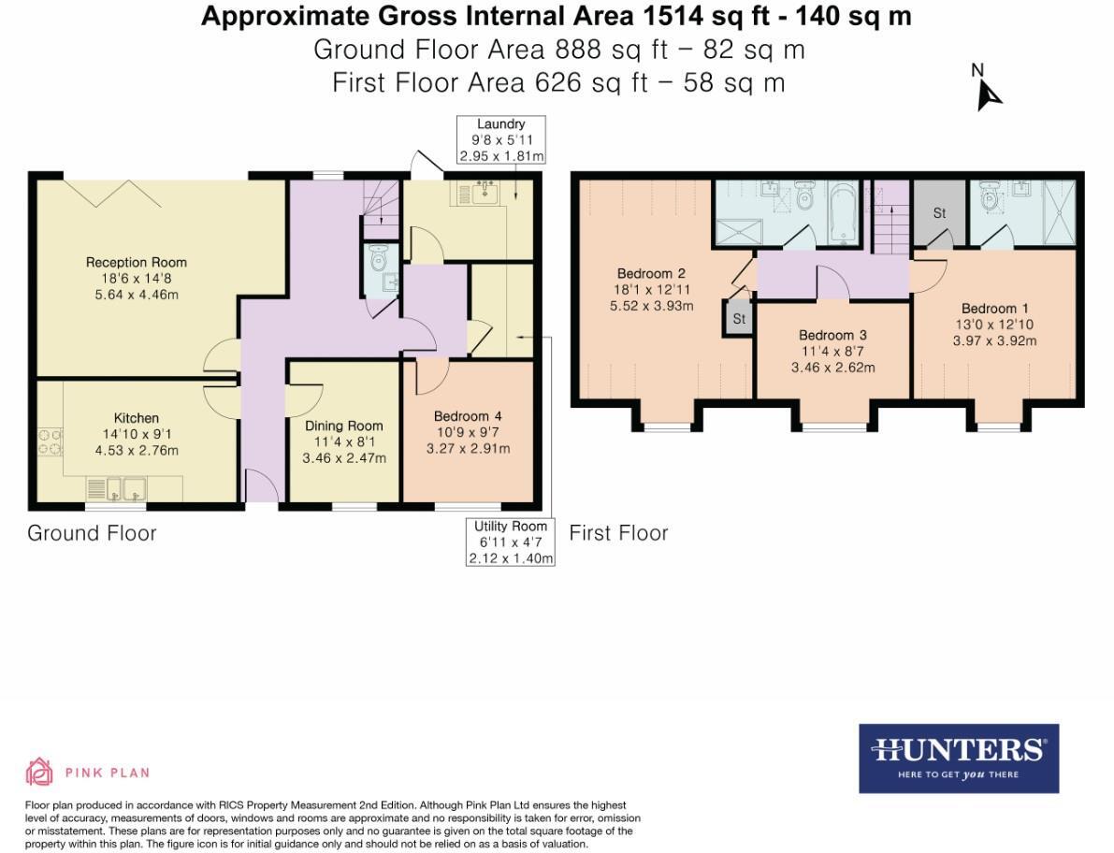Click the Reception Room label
[x=137, y=262]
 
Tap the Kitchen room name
[x=137, y=418]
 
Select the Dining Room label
[x=344, y=426]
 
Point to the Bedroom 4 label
[x=469, y=416]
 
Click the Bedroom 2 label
[x=651, y=273]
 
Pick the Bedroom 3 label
[x=832, y=335]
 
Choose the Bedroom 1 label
[x=994, y=309]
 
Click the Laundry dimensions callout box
[x=500, y=140]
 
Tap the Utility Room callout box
[x=510, y=542]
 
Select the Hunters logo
[x=959, y=759]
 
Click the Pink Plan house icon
[x=39, y=772]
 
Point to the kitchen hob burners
[x=50, y=441]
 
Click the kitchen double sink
[x=126, y=489]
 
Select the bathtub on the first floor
[x=843, y=214]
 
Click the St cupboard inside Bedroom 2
[x=739, y=318]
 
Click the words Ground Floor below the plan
[x=92, y=533]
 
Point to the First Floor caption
[x=619, y=533]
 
